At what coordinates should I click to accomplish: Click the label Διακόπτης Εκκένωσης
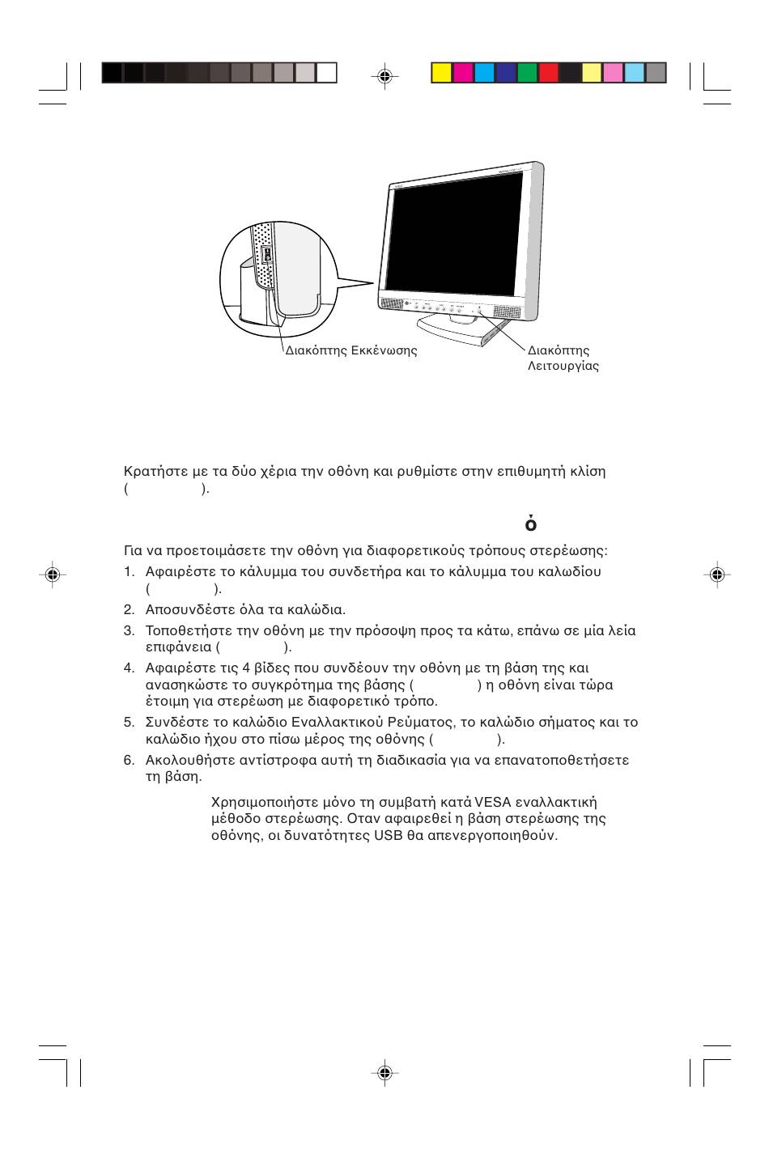(351, 351)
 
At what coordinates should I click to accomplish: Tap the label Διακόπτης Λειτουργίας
(563, 358)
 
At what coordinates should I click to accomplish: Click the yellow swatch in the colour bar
(441, 74)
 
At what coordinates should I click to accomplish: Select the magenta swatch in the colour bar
(463, 74)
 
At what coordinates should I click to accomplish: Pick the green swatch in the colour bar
(527, 74)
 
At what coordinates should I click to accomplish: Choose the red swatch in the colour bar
(549, 74)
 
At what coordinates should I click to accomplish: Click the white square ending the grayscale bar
(326, 74)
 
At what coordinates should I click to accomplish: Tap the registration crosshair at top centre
(385, 76)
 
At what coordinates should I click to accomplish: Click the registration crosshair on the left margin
(52, 574)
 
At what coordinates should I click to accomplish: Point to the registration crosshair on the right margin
(716, 574)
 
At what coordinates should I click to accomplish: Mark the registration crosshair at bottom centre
(385, 1073)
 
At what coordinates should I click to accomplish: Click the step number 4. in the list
(129, 668)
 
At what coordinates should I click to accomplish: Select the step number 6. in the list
(129, 761)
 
